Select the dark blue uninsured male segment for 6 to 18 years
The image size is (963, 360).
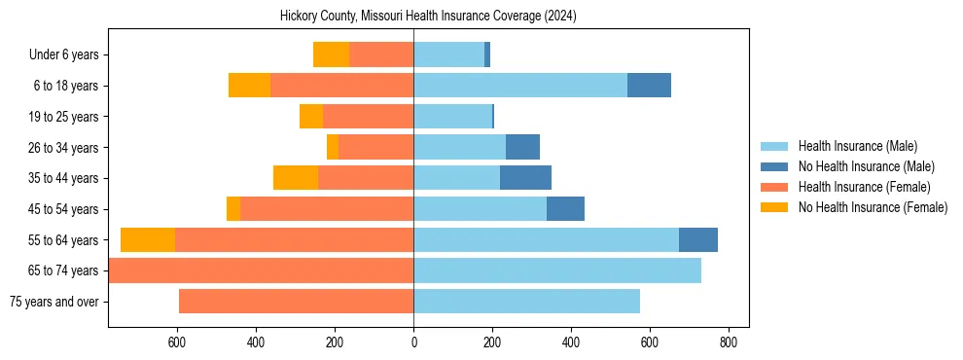pos(649,86)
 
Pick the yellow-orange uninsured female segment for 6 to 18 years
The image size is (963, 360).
pos(249,86)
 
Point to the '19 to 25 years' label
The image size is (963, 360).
pos(64,117)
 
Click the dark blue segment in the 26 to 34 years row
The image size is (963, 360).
pos(522,147)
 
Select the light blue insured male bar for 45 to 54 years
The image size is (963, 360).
pos(480,208)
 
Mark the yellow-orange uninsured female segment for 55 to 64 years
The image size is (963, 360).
pos(148,239)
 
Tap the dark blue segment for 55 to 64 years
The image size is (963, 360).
pos(697,239)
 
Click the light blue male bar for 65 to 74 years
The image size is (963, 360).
pos(556,270)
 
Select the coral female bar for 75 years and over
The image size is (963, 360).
pos(296,302)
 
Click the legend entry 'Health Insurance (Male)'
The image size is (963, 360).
pos(857,146)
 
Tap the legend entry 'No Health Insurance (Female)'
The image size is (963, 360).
pos(873,207)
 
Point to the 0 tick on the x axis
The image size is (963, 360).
pos(413,342)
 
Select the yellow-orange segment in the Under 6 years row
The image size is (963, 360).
pos(331,55)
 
